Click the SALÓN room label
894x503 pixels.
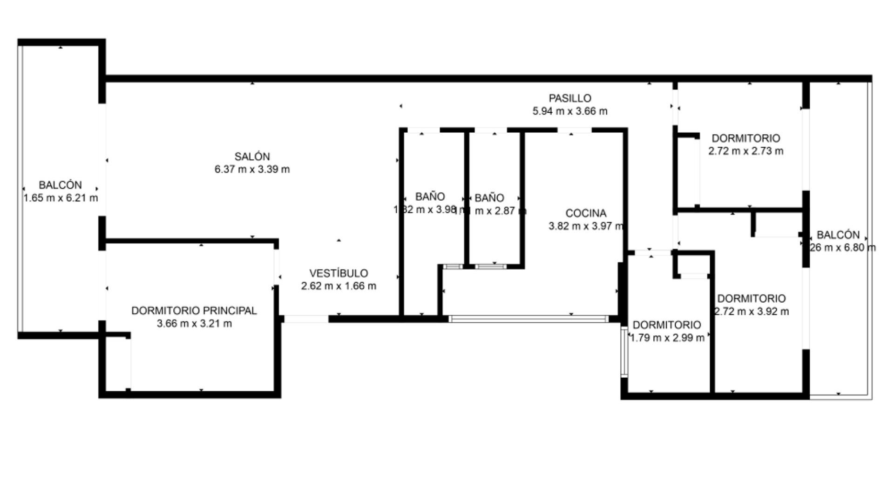tap(252, 156)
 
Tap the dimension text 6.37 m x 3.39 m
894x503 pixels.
tap(252, 170)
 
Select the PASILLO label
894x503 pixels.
tap(570, 98)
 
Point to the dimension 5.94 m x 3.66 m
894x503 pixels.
tap(570, 111)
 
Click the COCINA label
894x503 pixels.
tap(586, 213)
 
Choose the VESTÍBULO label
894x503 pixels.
tap(339, 273)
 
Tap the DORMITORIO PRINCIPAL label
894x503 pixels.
tap(194, 311)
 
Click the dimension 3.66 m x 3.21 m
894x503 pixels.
tap(194, 324)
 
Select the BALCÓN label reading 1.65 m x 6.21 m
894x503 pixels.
tap(61, 185)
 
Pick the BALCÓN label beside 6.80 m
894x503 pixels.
tap(838, 235)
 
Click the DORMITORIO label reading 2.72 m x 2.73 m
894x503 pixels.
tap(745, 138)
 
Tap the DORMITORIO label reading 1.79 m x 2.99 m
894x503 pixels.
tap(667, 325)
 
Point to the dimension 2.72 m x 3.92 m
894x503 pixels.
tap(752, 312)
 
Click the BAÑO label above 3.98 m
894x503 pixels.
tap(430, 197)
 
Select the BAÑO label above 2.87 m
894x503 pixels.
tap(489, 198)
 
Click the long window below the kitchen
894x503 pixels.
tap(528, 319)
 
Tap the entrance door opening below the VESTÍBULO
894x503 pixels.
tap(306, 319)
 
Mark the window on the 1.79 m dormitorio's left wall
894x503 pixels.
tap(624, 352)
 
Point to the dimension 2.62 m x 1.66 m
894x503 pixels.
tap(339, 286)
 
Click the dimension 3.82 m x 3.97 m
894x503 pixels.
tap(586, 226)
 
